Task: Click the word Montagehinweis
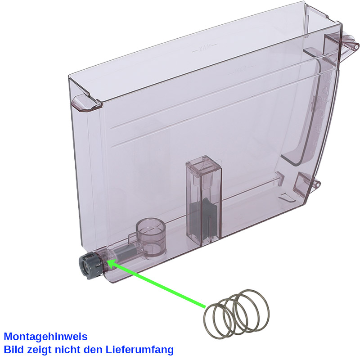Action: click(x=45, y=337)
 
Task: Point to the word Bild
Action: click(x=13, y=349)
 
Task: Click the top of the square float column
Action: click(x=202, y=161)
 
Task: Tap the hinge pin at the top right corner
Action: click(x=353, y=45)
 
